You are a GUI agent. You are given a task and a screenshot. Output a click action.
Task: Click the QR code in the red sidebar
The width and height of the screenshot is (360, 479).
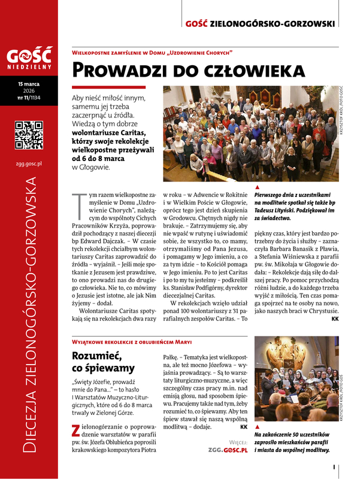[29, 135]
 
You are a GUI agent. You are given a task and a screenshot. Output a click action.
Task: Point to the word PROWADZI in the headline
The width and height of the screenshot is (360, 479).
[113, 71]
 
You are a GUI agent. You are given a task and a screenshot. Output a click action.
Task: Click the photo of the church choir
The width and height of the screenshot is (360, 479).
[296, 381]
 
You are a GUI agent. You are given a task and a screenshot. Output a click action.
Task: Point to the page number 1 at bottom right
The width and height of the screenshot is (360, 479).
[337, 467]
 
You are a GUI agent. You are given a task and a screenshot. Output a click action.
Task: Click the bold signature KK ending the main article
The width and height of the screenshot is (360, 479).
[334, 319]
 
